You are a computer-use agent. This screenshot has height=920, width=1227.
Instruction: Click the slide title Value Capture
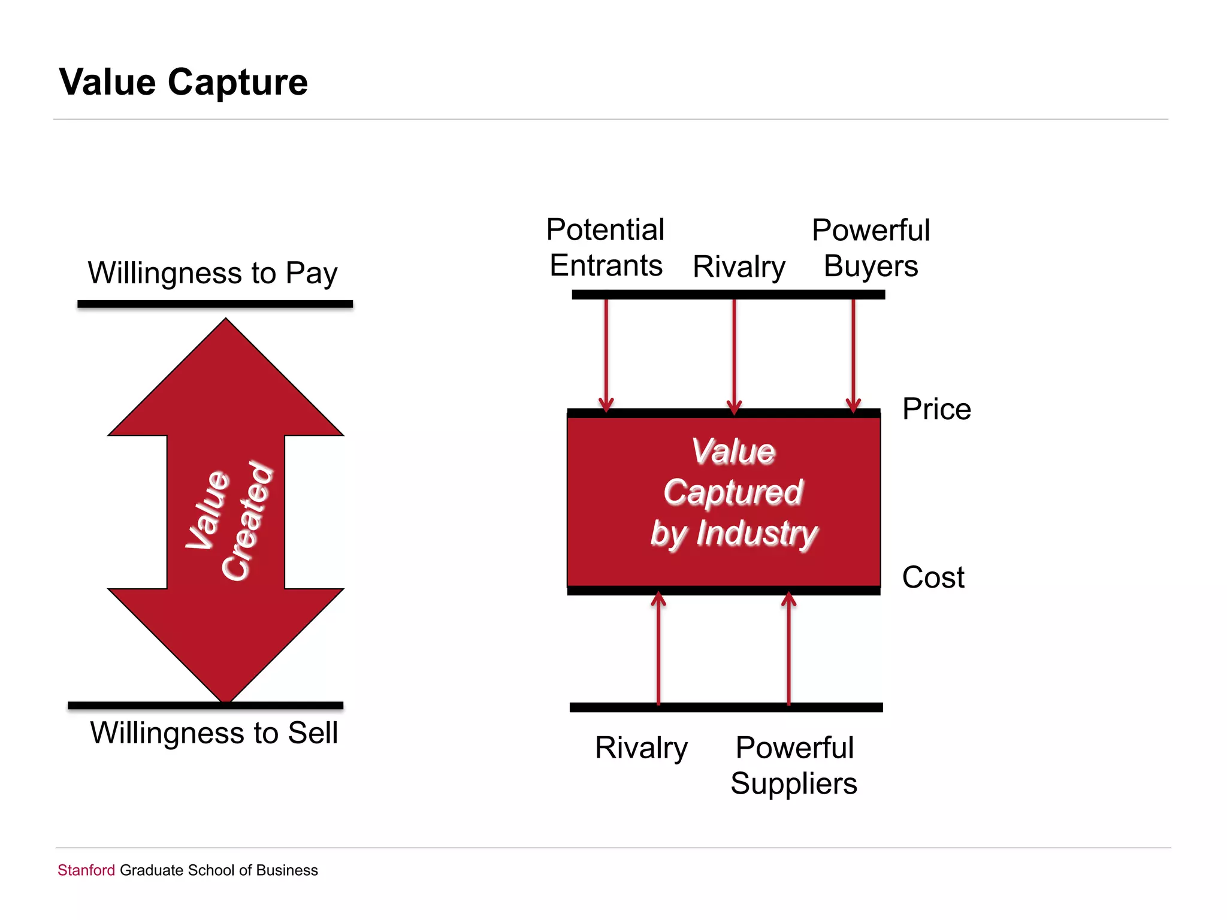(x=183, y=82)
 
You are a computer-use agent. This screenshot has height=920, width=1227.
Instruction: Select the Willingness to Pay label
(x=213, y=273)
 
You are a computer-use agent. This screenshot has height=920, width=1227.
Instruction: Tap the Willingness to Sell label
(x=214, y=733)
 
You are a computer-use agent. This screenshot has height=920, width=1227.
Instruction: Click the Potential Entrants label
(x=606, y=247)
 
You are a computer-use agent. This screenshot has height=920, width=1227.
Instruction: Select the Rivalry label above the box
(x=739, y=267)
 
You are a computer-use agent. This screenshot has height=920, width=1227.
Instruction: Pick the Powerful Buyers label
(x=871, y=247)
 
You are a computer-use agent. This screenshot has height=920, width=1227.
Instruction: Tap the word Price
(x=936, y=409)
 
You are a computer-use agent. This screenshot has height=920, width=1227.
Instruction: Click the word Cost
(x=933, y=577)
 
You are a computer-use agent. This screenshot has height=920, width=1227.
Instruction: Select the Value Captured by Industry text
(x=734, y=492)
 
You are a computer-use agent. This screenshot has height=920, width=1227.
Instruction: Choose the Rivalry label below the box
(x=641, y=747)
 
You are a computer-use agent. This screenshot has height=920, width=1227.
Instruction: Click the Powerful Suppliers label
(x=794, y=765)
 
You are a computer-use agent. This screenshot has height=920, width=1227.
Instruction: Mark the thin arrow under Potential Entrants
(x=606, y=353)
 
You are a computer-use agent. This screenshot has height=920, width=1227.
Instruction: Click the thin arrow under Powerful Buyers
(x=853, y=353)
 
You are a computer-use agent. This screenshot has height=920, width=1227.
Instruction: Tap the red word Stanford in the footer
(x=86, y=870)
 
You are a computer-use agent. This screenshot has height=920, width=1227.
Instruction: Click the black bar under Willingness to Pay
(x=215, y=304)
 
